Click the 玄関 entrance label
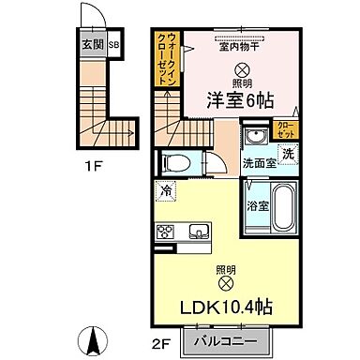point(92,44)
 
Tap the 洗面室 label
point(259,162)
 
